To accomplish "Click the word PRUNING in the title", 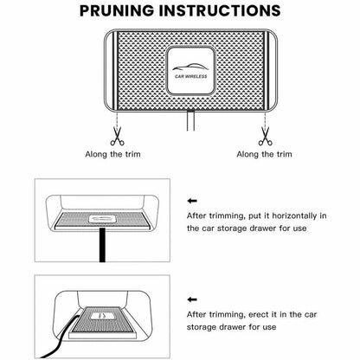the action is [x=117, y=10].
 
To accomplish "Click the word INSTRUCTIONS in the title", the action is [x=220, y=10].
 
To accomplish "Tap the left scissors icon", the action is [x=118, y=136].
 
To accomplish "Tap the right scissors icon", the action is [x=266, y=136].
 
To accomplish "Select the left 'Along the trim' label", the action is [x=112, y=154].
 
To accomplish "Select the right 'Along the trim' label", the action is [x=264, y=154].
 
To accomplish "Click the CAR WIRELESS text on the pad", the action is [x=191, y=76].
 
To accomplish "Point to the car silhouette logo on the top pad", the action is [x=190, y=67].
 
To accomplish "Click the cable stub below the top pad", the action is [x=190, y=120].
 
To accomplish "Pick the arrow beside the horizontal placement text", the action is [x=192, y=201].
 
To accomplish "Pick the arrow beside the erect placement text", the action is [x=192, y=299].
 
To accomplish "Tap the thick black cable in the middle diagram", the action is [x=102, y=245].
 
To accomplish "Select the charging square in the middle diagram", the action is [x=101, y=219].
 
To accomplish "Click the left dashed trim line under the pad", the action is [x=117, y=119].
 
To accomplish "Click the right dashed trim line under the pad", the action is [x=265, y=119].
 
